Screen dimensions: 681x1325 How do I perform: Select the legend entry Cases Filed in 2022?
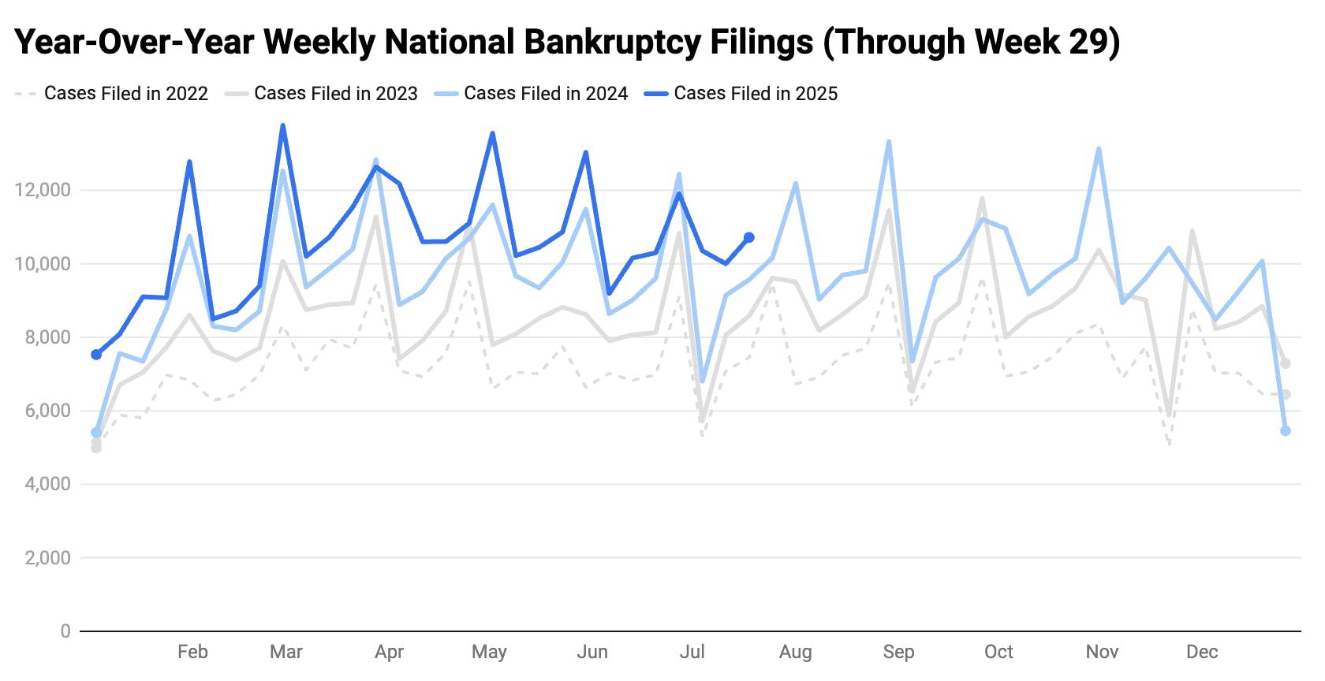125,94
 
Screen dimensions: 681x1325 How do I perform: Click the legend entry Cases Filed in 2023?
335,94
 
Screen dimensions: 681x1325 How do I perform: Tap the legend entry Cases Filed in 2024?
545,94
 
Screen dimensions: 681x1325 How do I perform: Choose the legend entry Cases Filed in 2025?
755,94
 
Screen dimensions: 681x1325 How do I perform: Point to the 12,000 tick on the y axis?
43,190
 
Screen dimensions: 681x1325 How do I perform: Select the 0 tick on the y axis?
65,631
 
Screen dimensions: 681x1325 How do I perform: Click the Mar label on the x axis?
286,652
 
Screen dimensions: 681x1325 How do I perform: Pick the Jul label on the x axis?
692,652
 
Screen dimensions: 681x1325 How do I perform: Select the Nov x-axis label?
1102,652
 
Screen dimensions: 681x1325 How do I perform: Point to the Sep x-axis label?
898,652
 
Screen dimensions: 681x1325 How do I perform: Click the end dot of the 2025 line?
748,237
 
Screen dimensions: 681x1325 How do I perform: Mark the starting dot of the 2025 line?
96,355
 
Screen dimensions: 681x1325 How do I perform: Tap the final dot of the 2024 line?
1286,431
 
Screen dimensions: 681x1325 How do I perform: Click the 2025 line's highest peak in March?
282,125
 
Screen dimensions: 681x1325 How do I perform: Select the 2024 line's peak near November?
1099,149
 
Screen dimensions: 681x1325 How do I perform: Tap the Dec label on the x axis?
1201,652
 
